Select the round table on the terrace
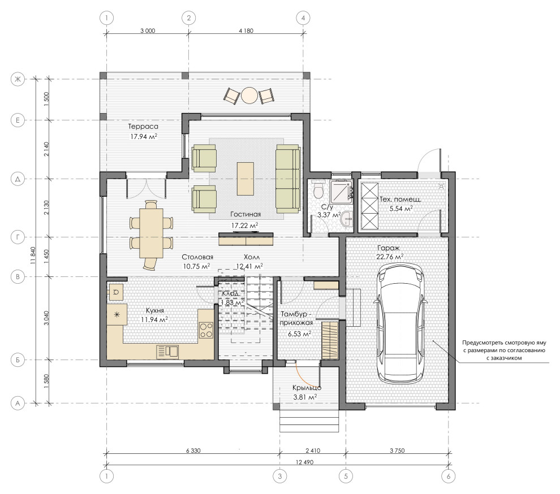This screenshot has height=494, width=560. coord(249,96)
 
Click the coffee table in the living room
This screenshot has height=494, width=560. coord(245,179)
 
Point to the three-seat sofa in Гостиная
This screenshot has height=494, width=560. coord(288,179)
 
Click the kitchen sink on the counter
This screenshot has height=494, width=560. coord(167,352)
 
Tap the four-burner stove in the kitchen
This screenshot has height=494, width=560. coord(206,330)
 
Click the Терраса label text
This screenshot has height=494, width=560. coord(143,127)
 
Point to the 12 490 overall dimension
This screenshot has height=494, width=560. coord(305,462)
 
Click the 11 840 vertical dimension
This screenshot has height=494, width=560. coord(33,255)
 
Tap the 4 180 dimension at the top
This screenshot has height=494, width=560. coord(245,31)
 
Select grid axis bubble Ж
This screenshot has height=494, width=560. coord(18,79)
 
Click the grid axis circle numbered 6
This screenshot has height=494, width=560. coord(448,476)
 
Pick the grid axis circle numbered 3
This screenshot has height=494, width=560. coord(279,476)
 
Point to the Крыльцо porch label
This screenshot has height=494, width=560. coord(307,388)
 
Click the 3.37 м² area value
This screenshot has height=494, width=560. coord(329,215)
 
